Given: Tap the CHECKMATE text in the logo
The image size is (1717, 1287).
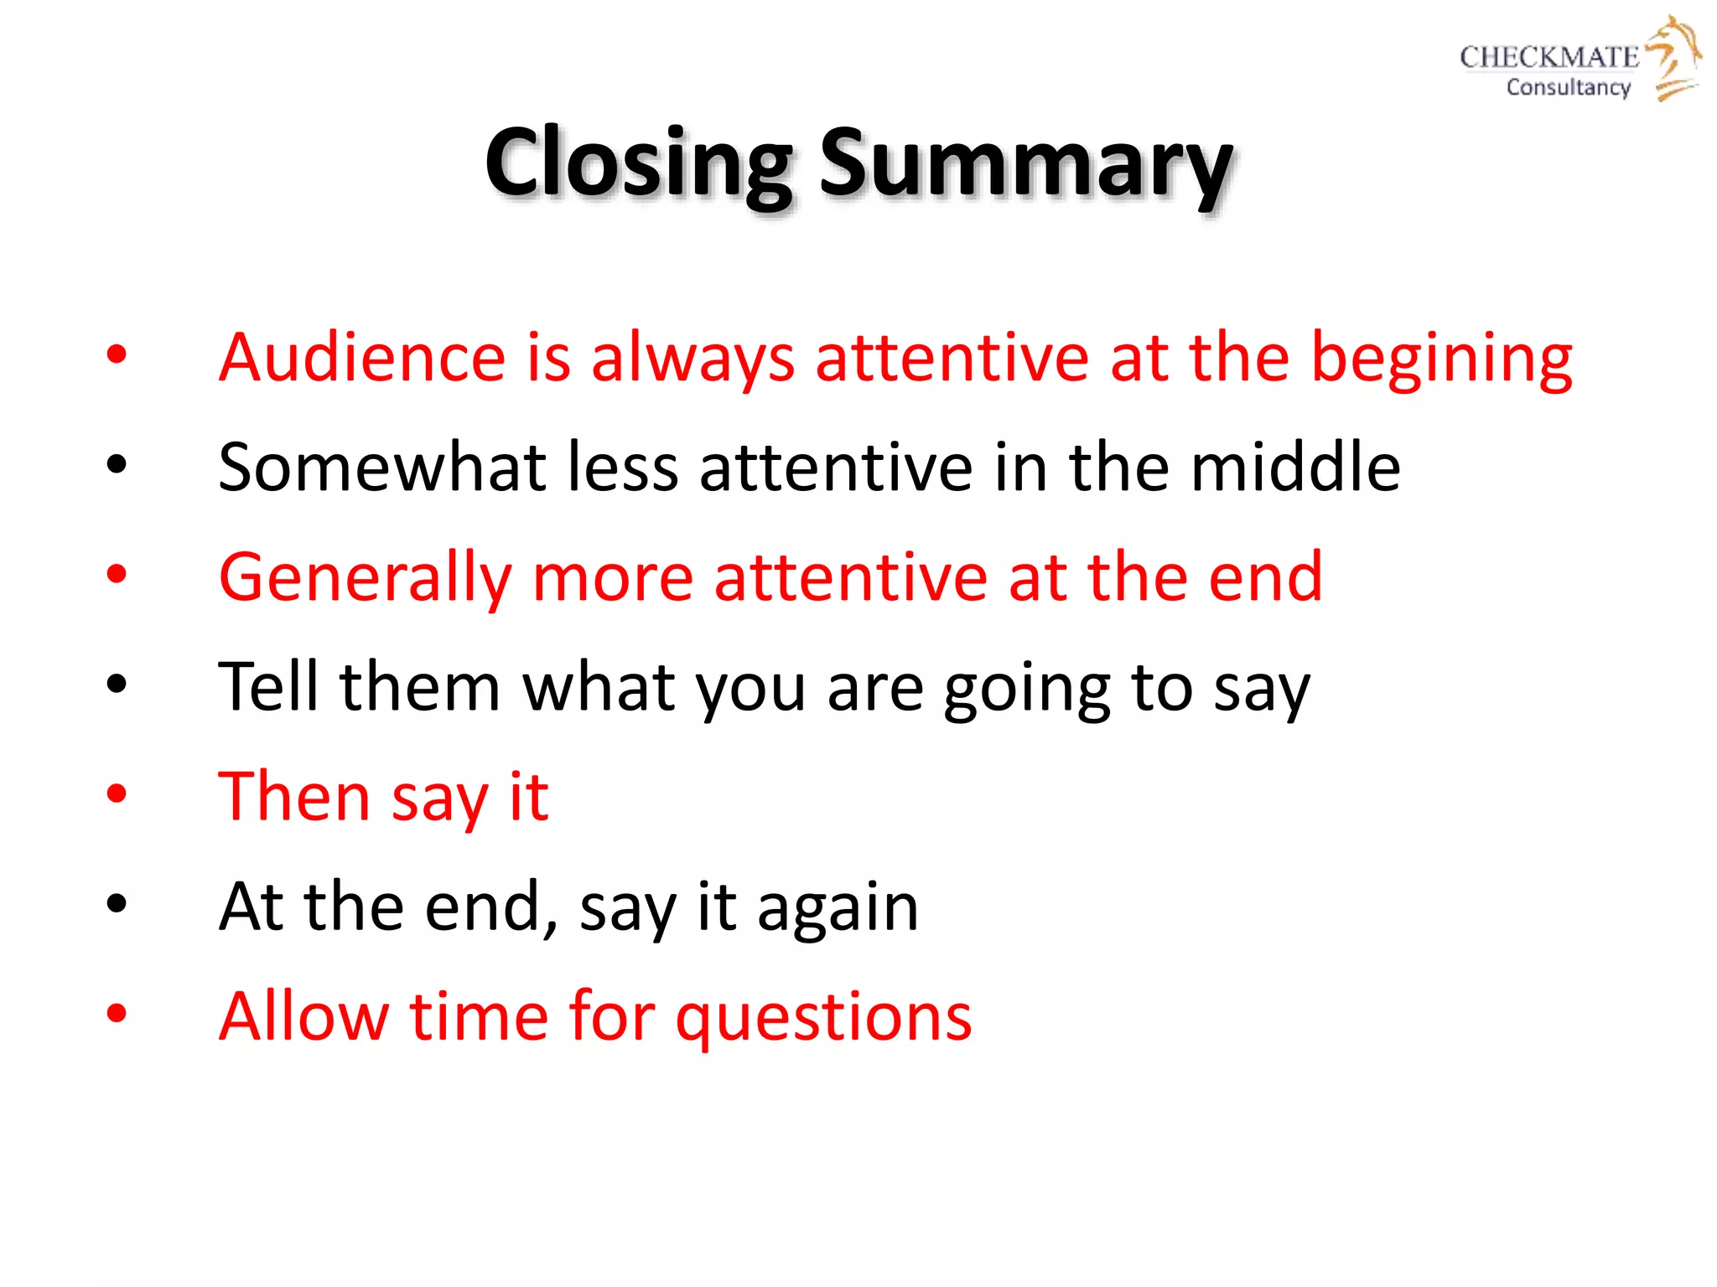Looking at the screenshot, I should (x=1548, y=57).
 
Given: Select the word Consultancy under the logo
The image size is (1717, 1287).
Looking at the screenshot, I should (x=1568, y=87).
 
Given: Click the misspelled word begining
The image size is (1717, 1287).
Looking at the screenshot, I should (x=1441, y=359).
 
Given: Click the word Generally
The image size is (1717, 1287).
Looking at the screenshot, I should (x=365, y=578).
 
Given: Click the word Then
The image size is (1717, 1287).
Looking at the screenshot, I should (x=293, y=796).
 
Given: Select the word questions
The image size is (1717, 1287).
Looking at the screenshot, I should (x=823, y=1018).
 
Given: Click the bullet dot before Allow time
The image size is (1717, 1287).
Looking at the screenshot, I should (x=117, y=1013).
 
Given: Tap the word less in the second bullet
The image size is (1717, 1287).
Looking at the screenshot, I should (x=622, y=467).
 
